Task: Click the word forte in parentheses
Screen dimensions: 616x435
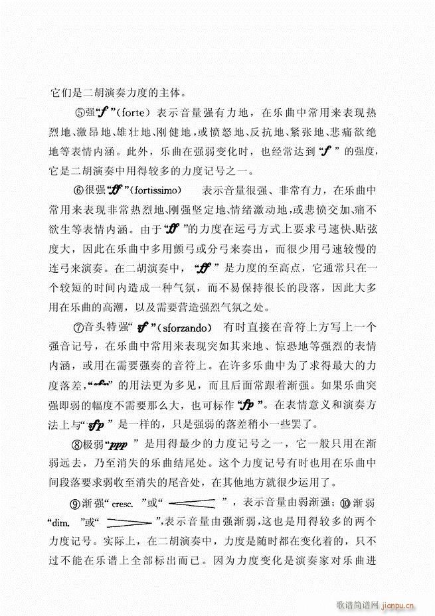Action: pyautogui.click(x=138, y=113)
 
